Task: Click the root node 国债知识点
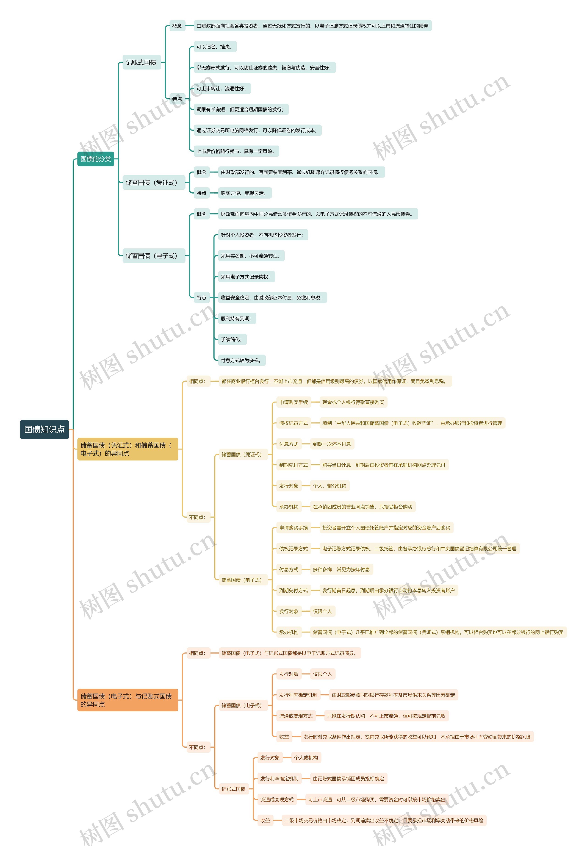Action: click(44, 429)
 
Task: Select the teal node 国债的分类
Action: click(96, 159)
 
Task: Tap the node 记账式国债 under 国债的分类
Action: click(141, 63)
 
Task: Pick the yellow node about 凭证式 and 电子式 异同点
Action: click(127, 449)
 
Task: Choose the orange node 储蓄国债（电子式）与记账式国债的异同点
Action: click(127, 700)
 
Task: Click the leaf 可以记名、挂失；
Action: click(214, 47)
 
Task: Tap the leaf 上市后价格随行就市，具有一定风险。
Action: click(236, 151)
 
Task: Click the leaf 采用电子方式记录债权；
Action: click(246, 277)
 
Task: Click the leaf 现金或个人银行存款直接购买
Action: click(353, 402)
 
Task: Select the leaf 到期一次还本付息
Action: click(332, 444)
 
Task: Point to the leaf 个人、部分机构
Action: click(329, 486)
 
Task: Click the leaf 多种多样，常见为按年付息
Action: click(341, 569)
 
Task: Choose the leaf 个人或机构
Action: click(306, 758)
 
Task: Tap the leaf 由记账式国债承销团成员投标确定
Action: click(348, 779)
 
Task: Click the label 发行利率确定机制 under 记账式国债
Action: click(279, 779)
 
